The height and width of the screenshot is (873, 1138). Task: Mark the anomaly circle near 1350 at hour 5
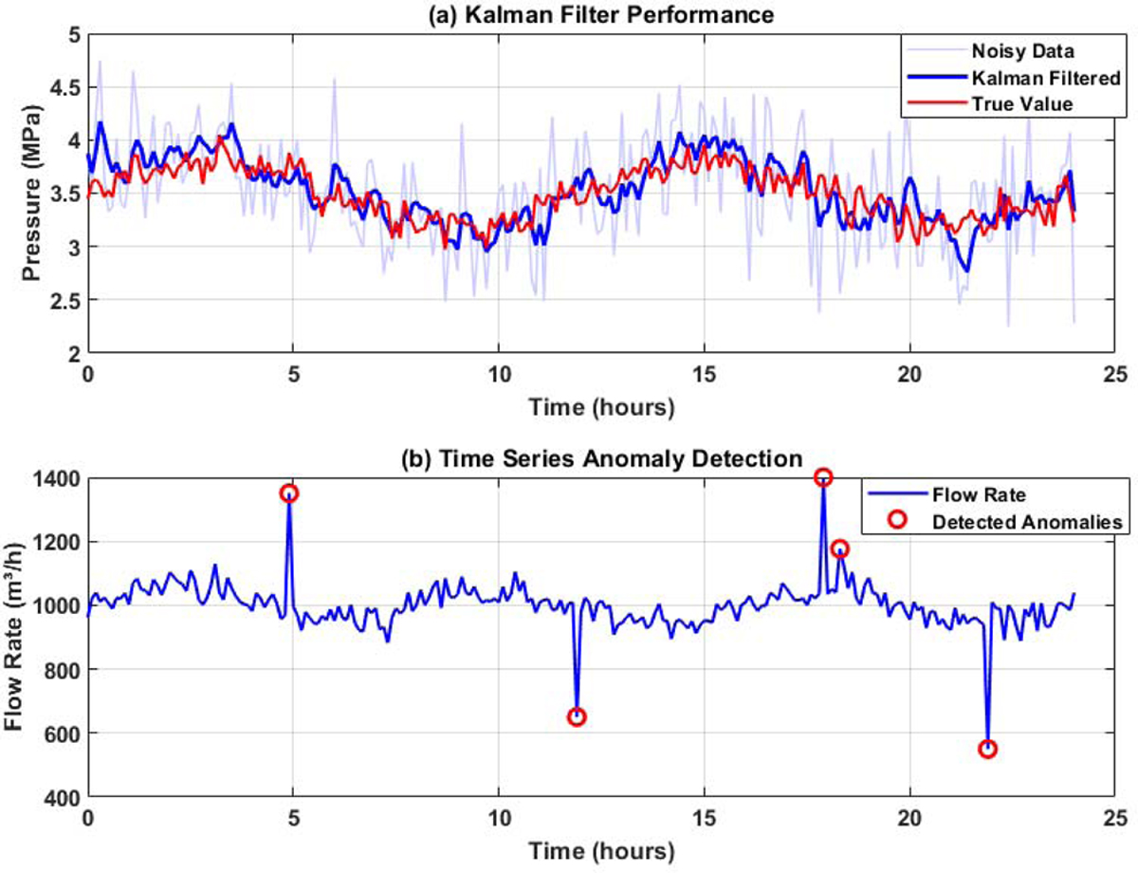coord(289,492)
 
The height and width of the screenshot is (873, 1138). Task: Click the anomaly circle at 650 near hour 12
coord(576,716)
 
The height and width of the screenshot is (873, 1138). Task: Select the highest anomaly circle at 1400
coord(823,476)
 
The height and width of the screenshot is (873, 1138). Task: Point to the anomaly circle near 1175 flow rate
coord(839,548)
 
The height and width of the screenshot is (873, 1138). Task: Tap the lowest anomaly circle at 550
coord(988,749)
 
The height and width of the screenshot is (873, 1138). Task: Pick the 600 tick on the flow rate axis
coord(64,734)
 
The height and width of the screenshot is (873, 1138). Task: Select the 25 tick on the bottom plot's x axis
coord(1115,817)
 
